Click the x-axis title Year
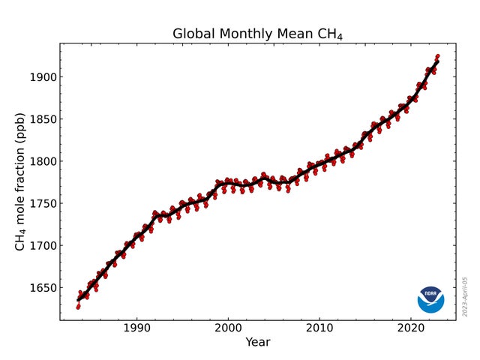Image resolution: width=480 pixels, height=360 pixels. click(x=257, y=343)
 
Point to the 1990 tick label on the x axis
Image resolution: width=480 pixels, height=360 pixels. click(x=136, y=328)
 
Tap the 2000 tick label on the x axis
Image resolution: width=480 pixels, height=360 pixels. click(x=228, y=328)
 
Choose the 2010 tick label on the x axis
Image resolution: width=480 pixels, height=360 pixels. click(x=319, y=328)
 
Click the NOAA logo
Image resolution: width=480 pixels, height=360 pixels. click(x=430, y=299)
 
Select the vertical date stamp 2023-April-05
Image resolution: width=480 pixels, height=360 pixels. click(x=465, y=296)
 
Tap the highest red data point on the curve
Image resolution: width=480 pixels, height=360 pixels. click(x=438, y=56)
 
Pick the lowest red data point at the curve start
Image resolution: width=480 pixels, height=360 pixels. click(x=78, y=307)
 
